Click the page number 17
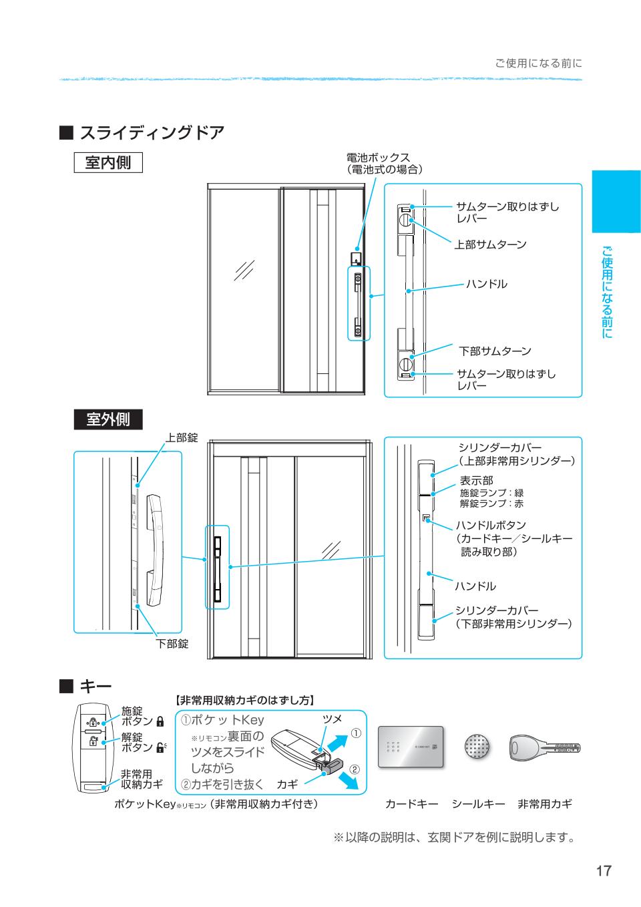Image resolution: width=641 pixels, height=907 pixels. click(603, 871)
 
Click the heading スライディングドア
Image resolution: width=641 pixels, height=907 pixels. click(152, 132)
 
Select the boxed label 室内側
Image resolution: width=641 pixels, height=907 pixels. click(108, 162)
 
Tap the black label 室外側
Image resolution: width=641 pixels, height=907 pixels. click(108, 419)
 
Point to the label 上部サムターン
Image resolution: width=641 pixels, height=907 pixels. click(490, 244)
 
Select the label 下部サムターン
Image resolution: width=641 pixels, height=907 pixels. click(494, 351)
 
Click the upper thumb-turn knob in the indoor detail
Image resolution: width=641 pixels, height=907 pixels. click(405, 220)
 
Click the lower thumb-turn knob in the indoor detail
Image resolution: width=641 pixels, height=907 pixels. click(405, 365)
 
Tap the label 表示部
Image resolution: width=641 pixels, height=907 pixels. click(476, 480)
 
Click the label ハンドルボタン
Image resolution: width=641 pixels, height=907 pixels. click(490, 525)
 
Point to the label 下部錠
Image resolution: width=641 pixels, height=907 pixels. click(172, 644)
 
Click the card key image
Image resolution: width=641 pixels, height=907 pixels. click(411, 747)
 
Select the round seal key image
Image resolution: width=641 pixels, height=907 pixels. click(477, 747)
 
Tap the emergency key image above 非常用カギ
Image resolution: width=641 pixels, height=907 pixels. click(544, 747)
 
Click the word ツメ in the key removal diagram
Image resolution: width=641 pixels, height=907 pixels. click(332, 719)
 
